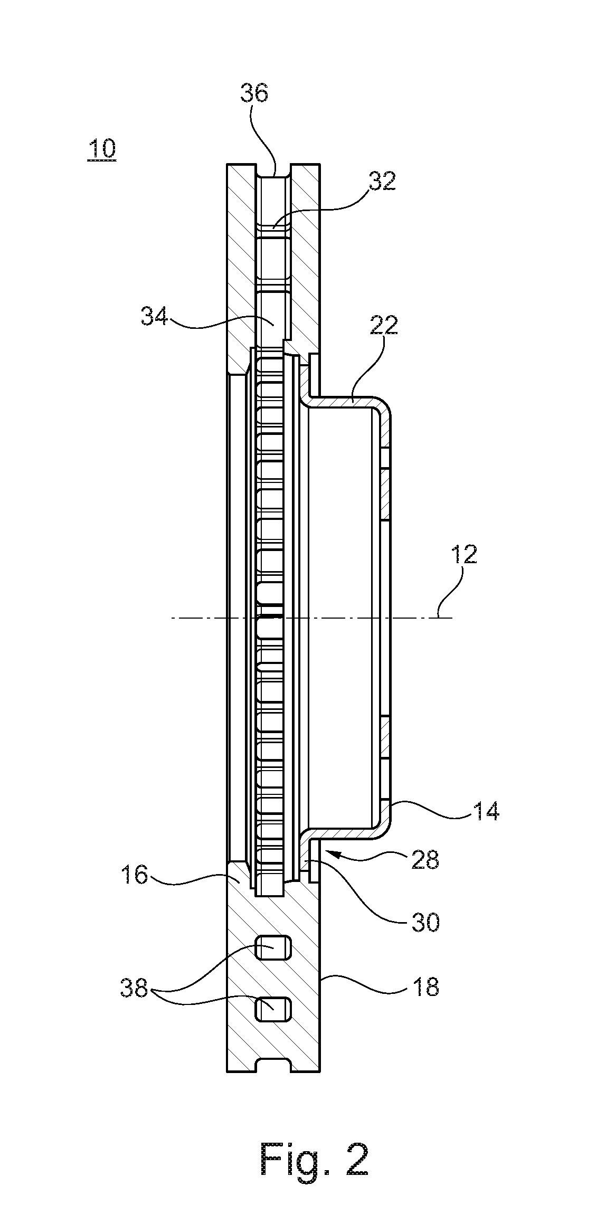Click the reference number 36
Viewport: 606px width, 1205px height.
tap(254, 93)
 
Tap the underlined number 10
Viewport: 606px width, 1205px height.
tap(102, 149)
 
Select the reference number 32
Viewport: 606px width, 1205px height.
tap(382, 182)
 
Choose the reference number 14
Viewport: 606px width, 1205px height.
tap(485, 810)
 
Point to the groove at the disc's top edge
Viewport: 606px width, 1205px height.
tap(273, 170)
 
